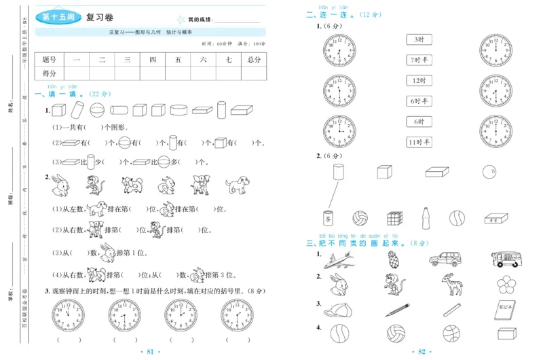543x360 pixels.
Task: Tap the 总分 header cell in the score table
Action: coord(254,60)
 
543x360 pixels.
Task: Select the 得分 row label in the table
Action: coord(49,73)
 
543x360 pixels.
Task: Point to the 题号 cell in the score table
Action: coord(49,60)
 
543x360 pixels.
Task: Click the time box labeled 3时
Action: coord(419,39)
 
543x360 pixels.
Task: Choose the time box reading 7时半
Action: coord(419,60)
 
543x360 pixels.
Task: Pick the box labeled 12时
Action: coord(419,81)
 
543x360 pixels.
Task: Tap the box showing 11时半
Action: coord(419,142)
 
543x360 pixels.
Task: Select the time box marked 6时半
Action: coord(419,101)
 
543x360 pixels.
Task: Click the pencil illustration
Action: coord(395,309)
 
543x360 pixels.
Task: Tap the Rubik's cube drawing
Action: coord(395,218)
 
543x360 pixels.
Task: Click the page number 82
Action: coord(422,351)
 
